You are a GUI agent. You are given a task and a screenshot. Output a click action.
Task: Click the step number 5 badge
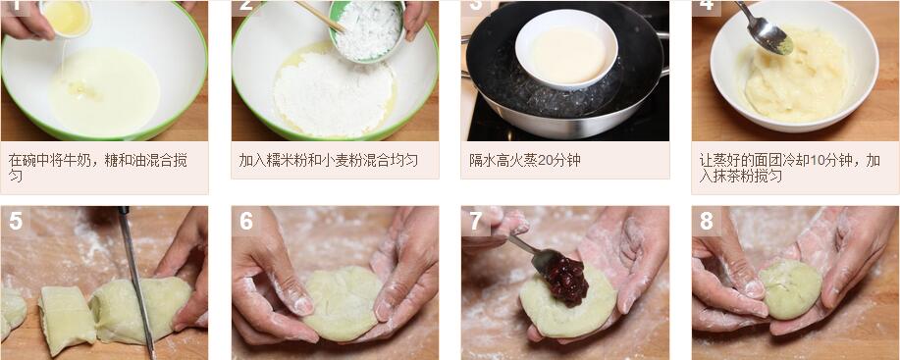click(16, 221)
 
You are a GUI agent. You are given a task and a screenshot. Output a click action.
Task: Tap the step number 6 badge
click(246, 221)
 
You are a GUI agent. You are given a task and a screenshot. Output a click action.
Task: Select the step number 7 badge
click(476, 221)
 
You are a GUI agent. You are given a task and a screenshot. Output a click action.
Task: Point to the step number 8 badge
click(707, 221)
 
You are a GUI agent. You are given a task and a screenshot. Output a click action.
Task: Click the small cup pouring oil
click(66, 18)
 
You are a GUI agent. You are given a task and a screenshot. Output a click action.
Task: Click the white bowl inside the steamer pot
click(566, 49)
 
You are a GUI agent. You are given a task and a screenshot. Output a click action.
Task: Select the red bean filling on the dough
click(566, 281)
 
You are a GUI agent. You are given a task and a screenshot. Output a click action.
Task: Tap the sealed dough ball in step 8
click(790, 288)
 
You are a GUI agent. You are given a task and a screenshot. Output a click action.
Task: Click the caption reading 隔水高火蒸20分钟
click(525, 160)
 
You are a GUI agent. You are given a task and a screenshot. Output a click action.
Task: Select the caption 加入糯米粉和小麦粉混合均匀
click(329, 160)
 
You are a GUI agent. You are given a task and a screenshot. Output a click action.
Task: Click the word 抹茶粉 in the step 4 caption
click(730, 176)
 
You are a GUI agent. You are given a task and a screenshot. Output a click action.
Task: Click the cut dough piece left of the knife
click(67, 320)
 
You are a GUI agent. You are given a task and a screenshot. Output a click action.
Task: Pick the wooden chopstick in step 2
click(321, 18)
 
